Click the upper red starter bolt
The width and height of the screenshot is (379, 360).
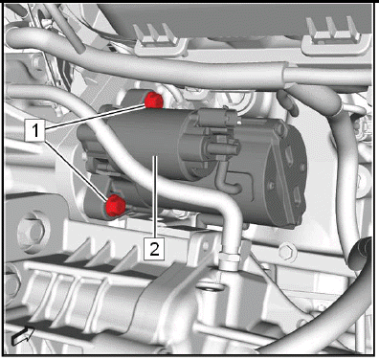pyautogui.click(x=154, y=101)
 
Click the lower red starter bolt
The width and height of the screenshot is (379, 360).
pyautogui.click(x=116, y=205)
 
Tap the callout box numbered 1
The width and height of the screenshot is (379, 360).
pyautogui.click(x=36, y=131)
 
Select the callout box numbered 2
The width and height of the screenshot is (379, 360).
pyautogui.click(x=154, y=248)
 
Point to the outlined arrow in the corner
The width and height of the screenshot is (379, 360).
pyautogui.click(x=23, y=336)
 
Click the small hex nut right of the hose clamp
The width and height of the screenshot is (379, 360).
pyautogui.click(x=288, y=252)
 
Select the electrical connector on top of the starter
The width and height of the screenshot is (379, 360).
pyautogui.click(x=218, y=118)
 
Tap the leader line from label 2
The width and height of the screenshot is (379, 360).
pyautogui.click(x=155, y=196)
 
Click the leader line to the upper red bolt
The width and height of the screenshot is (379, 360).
pyautogui.click(x=96, y=118)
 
